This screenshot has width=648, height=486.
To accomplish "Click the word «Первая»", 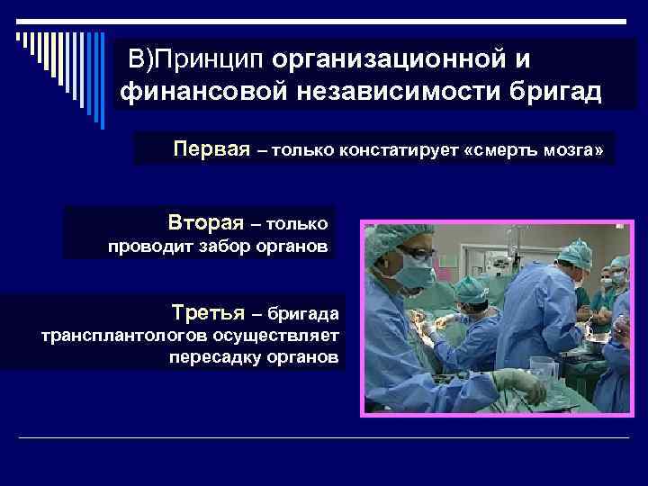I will point(211,148).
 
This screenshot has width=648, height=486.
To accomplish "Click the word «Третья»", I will point(209,313).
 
